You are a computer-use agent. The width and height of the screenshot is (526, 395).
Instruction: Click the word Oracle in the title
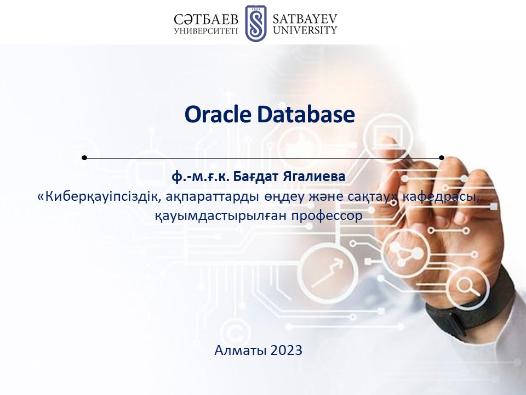[218, 114]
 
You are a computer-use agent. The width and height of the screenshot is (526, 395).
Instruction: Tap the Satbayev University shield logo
[256, 23]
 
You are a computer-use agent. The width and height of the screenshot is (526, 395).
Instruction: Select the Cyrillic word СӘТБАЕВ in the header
[206, 20]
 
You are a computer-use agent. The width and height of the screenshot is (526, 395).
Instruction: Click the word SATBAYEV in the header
[305, 19]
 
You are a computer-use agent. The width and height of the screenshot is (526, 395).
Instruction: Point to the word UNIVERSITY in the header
[305, 30]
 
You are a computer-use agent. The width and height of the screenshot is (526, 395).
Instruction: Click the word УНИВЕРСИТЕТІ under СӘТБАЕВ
[206, 31]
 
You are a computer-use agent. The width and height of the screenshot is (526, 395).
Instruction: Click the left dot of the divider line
[84, 157]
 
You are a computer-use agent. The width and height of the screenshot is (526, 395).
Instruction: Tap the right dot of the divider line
[442, 157]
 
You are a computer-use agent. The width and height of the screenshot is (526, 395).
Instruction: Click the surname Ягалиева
[314, 177]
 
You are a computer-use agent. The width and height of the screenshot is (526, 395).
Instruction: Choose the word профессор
[327, 216]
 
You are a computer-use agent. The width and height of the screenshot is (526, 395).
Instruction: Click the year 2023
[287, 351]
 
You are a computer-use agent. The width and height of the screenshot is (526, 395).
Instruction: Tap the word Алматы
[241, 351]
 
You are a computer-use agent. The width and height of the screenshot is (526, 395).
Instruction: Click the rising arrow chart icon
[327, 273]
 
